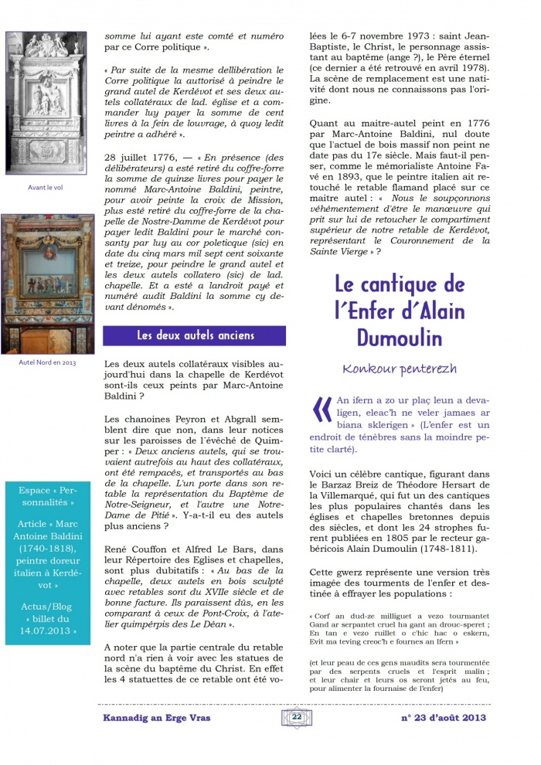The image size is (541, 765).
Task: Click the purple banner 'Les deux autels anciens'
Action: (194, 335)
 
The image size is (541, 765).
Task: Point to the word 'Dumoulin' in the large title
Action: (400, 338)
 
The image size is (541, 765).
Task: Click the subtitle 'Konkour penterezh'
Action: (399, 369)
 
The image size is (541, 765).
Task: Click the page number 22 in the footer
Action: (296, 716)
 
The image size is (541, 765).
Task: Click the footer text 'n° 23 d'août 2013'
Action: (443, 717)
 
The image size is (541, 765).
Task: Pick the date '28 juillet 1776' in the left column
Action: (141, 157)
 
